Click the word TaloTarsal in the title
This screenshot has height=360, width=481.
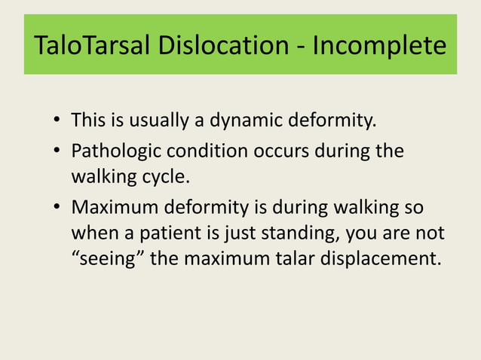(x=91, y=46)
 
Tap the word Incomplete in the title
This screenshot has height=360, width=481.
(x=378, y=46)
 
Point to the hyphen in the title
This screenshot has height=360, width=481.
(x=301, y=47)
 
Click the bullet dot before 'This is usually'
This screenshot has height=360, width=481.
(x=57, y=121)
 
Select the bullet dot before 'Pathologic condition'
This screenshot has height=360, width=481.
(x=57, y=151)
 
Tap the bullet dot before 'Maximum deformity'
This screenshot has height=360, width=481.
(x=57, y=209)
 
